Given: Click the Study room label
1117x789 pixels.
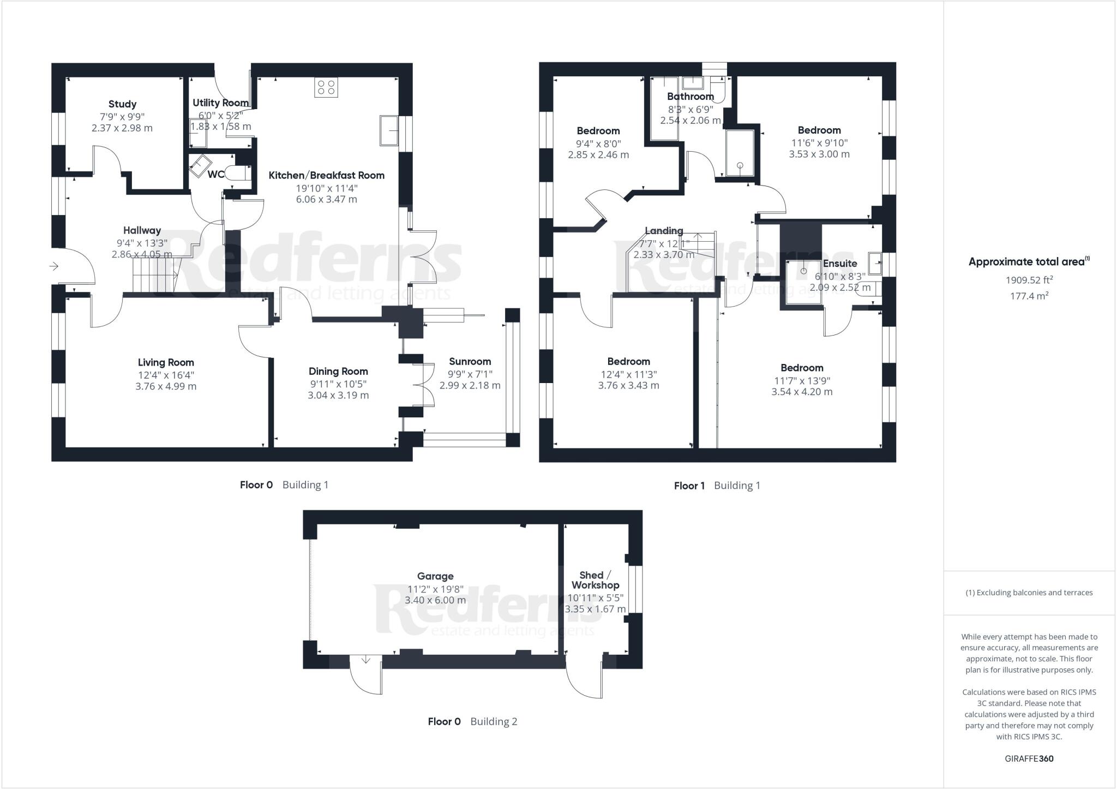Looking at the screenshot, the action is (x=122, y=104).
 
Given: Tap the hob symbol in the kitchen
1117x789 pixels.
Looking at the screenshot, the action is (x=326, y=88).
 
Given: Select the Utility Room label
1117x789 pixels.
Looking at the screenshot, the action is (x=220, y=103).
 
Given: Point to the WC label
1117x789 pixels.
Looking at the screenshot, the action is (x=216, y=175).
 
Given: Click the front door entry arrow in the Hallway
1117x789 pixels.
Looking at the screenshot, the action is (x=54, y=266).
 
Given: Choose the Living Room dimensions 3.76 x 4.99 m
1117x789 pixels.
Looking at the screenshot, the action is (x=166, y=386).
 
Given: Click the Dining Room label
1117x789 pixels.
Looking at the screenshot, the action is (x=338, y=372).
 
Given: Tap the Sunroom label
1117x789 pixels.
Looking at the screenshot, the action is (x=470, y=361).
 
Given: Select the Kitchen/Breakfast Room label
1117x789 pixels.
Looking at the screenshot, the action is (x=327, y=175).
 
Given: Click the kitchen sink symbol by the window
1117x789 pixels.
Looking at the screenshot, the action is (x=389, y=130).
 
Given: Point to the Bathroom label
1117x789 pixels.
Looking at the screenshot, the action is (x=690, y=97).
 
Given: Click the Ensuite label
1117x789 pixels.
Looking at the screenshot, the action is (x=840, y=264).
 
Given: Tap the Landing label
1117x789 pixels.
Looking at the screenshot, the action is (x=664, y=231).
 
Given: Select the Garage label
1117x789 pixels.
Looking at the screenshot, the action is (x=435, y=576).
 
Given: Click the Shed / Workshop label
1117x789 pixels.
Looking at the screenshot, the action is (x=595, y=580).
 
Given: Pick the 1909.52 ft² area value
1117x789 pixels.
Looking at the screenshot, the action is (x=1029, y=280).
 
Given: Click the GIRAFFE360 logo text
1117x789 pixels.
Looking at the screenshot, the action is (x=1029, y=758).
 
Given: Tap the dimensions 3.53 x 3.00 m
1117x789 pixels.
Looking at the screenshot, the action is (x=819, y=154).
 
